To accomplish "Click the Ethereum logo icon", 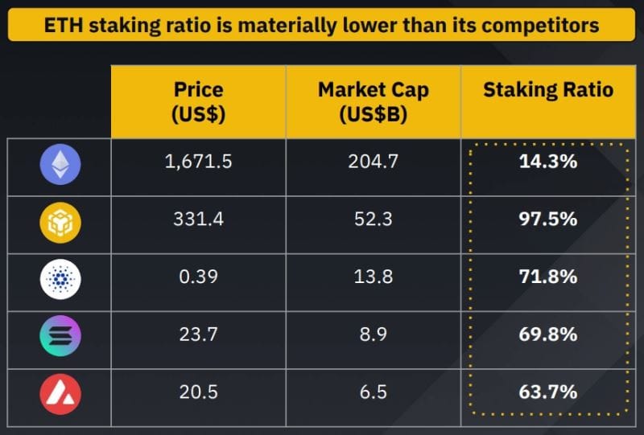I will (60, 166).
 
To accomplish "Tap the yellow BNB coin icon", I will (60, 224).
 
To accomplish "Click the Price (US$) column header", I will (198, 101).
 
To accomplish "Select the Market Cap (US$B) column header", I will (374, 101).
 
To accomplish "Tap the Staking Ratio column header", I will (547, 90).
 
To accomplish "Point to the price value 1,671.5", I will (198, 162).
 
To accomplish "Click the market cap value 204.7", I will (374, 162).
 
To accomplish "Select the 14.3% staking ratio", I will (547, 162).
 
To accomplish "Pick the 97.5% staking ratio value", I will (547, 219).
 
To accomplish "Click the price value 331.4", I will (198, 219).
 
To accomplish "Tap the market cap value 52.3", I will (374, 219).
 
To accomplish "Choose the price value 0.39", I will (198, 277).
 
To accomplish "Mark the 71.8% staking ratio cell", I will (547, 277).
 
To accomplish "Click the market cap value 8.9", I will (374, 334).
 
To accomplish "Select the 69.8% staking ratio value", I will (547, 334).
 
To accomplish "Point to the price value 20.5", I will (198, 392).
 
